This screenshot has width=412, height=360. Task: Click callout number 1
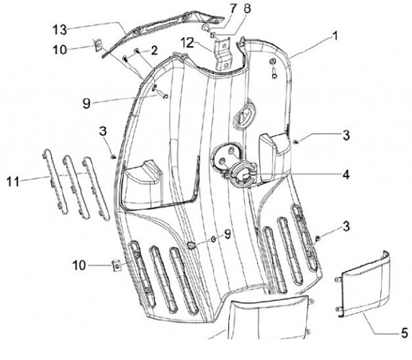coord(334,35)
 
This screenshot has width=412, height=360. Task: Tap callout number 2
coord(154,51)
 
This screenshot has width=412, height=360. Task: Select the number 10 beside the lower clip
coord(79,266)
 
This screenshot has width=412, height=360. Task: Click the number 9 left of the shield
coord(86,104)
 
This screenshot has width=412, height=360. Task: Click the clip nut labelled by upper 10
coord(98,42)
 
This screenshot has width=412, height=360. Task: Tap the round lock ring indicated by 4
coord(241,174)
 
